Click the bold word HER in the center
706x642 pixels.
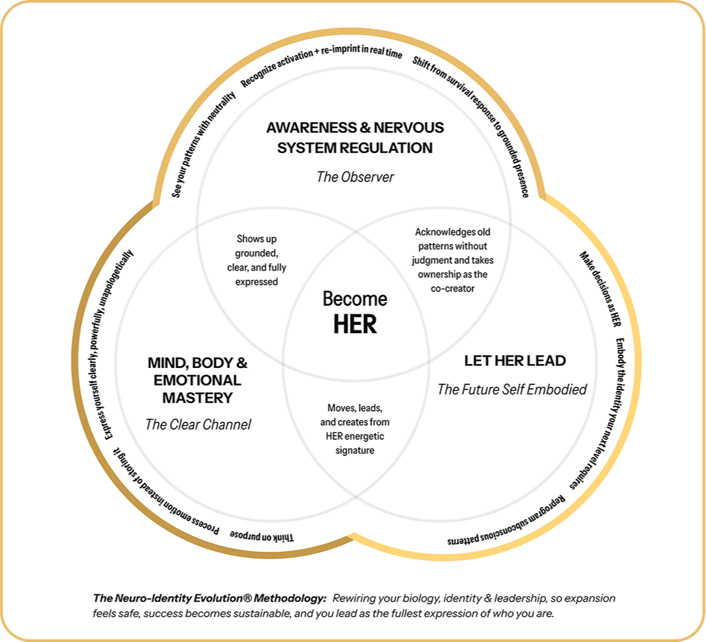(x=355, y=324)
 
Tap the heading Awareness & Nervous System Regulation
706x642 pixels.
(x=355, y=137)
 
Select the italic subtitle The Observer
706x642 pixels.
(x=355, y=177)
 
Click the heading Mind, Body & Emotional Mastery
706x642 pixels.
(x=197, y=380)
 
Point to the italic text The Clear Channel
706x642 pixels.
(x=197, y=424)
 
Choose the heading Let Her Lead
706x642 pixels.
(x=515, y=361)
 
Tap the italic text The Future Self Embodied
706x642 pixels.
(x=512, y=389)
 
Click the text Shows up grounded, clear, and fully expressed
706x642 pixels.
(x=256, y=260)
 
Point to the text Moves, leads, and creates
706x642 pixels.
(x=355, y=428)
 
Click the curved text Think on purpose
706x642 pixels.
(x=262, y=535)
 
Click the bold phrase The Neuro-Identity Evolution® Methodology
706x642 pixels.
(x=210, y=598)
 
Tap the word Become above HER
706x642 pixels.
(x=355, y=298)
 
